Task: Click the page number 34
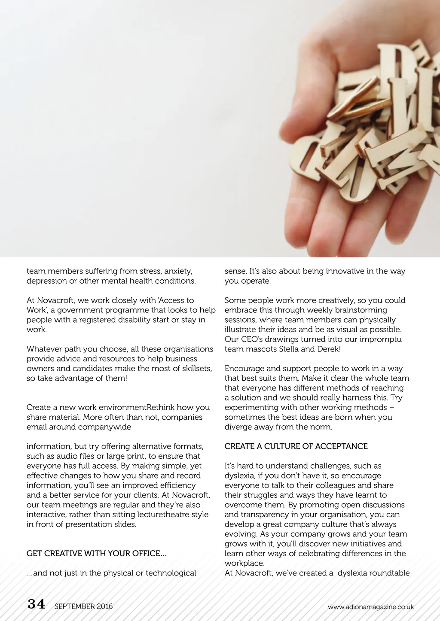tap(36, 604)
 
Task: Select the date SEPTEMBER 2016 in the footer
tap(83, 606)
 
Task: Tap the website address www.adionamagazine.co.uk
tap(370, 607)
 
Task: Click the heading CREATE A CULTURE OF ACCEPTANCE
tap(296, 446)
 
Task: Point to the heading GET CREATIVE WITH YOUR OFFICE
tap(96, 554)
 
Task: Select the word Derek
tap(328, 349)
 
